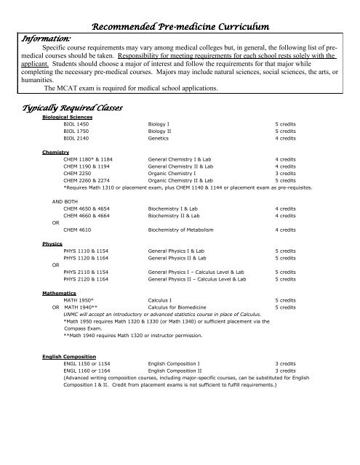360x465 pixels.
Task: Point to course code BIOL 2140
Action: pyautogui.click(x=79, y=137)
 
